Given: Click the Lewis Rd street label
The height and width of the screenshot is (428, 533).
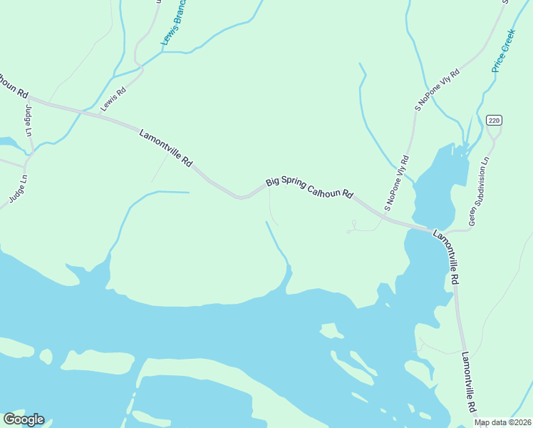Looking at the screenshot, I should pos(113,98).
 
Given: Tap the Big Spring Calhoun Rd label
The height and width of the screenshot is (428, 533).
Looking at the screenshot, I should pos(310,188).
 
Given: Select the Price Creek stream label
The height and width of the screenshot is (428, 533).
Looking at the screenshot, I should pos(503,51).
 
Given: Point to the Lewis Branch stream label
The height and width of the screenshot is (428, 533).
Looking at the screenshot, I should pos(173,23).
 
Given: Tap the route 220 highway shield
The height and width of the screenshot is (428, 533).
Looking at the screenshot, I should pos(495,120).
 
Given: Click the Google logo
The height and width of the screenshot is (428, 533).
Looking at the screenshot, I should pos(24,419).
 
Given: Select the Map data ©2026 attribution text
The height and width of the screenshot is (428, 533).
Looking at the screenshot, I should pos(503,422).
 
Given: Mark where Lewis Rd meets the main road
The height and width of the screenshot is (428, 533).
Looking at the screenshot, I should pos(87,111).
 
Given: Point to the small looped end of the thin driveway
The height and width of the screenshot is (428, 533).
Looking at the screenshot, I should pos(351,230).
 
